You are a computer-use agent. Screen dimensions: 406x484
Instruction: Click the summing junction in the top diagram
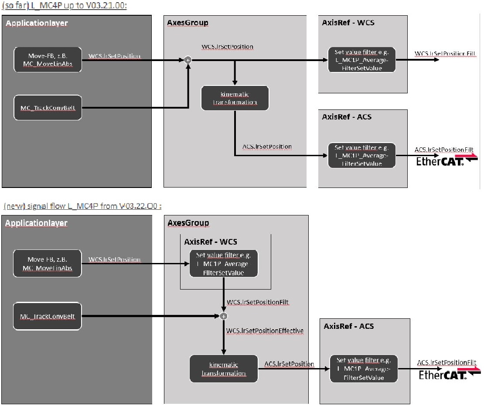pos(187,60)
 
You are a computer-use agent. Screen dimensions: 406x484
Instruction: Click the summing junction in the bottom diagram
pos(223,316)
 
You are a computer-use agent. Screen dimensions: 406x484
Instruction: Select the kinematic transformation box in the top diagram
pos(235,98)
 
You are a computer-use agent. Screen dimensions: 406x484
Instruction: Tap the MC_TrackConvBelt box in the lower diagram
pos(48,316)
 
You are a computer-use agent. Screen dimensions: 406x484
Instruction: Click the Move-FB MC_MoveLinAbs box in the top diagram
pos(48,59)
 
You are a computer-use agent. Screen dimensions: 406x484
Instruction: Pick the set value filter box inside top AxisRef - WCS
pos(361,60)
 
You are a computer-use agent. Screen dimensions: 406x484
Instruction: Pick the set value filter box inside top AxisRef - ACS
pos(361,155)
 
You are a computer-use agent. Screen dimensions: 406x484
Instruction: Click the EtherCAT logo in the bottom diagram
pos(449,374)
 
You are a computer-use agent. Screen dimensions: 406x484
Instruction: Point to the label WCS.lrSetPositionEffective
pos(265,331)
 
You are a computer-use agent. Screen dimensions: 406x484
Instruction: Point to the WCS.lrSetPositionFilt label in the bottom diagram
pos(258,302)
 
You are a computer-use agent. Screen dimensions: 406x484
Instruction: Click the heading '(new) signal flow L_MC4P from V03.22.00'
pos(82,206)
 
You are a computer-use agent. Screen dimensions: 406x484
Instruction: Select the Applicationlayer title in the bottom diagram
pos(37,223)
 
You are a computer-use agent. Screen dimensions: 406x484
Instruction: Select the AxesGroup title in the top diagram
pos(188,23)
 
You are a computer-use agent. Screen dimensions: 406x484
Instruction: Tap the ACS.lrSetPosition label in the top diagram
pos(267,147)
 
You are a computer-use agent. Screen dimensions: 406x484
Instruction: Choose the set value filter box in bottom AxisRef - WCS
pos(224,263)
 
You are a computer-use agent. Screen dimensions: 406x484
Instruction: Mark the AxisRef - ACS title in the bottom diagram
pos(349,326)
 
